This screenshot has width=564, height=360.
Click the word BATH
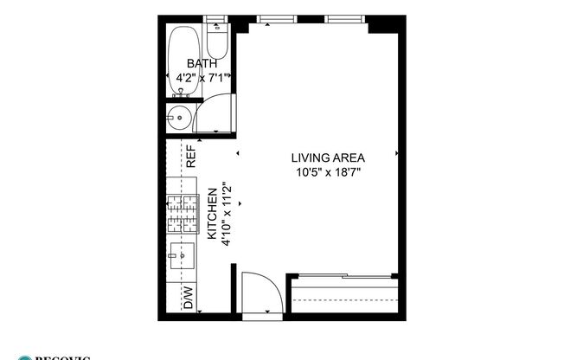click(202, 64)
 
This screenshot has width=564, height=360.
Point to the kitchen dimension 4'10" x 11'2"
click(226, 214)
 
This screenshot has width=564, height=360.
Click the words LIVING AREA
click(328, 157)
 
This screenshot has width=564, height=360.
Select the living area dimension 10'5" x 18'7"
click(328, 172)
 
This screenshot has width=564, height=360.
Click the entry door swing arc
click(260, 290)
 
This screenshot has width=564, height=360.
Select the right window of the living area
click(343, 18)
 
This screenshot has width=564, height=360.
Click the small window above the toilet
click(217, 18)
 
